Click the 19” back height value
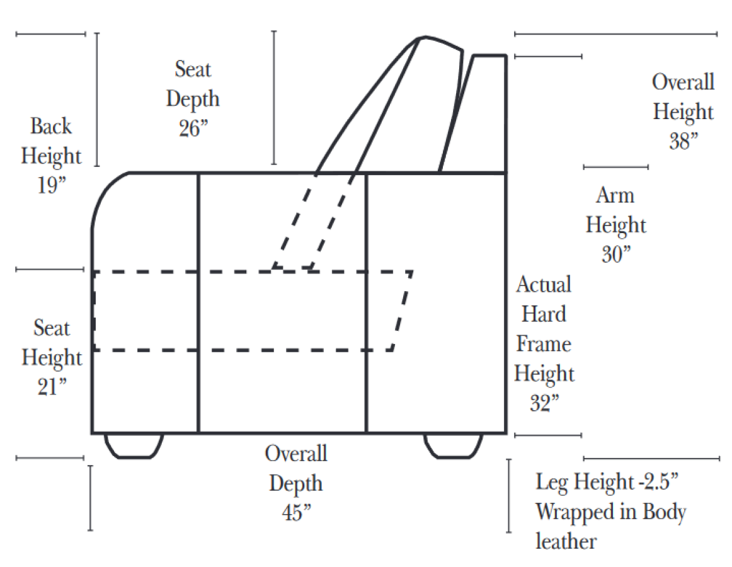51,186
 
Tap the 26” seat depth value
192,129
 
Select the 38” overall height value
683,142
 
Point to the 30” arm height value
616,255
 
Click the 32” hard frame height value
544,404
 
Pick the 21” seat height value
52,387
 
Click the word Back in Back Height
51,126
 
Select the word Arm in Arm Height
615,195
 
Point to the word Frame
544,344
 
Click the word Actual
544,284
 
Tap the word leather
566,541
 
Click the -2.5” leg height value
660,483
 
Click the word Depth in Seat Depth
193,99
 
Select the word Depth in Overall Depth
296,484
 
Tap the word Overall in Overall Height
683,82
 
